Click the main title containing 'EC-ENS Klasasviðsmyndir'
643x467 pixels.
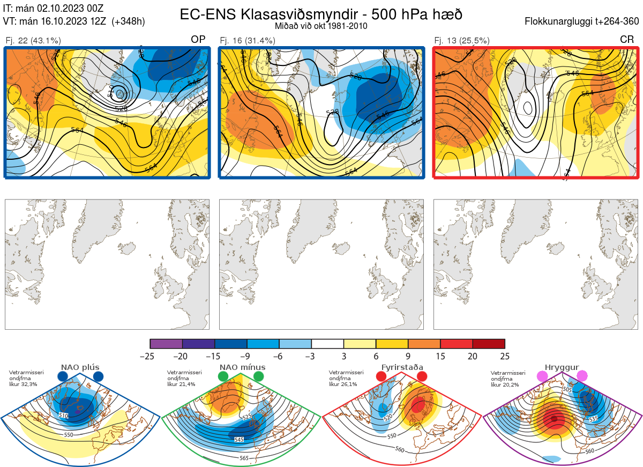tap(321, 14)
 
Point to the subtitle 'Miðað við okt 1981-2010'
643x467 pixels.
tap(321, 26)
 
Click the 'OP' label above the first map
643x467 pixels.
tap(198, 40)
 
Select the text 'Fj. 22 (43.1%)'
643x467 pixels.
tap(33, 40)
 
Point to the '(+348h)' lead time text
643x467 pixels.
tap(128, 21)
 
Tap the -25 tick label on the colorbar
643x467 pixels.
tap(151, 356)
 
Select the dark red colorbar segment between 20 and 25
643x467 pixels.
tap(489, 344)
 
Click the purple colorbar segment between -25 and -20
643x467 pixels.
tap(166, 344)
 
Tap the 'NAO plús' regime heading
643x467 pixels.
tap(80, 367)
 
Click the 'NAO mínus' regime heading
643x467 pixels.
tap(242, 367)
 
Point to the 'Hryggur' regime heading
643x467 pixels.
tap(562, 367)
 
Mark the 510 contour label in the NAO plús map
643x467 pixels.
tap(63, 416)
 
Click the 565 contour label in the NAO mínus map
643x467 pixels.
tap(244, 458)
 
